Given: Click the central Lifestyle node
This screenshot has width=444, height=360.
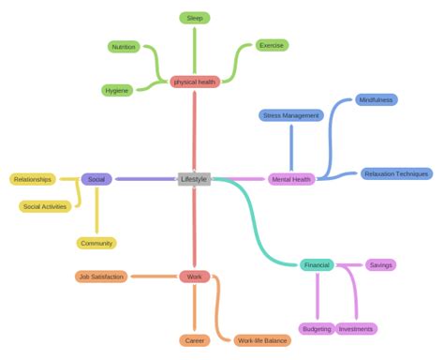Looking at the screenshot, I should click(194, 179).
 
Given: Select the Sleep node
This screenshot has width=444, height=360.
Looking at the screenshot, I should click(194, 18).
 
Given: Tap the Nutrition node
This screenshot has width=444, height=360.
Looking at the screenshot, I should click(123, 46).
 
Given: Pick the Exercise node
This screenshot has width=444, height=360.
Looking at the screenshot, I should click(272, 45).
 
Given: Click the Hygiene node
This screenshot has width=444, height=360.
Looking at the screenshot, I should click(117, 90).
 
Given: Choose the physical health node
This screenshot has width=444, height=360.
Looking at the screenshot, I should click(195, 82).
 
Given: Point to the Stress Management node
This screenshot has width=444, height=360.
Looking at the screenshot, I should click(290, 115).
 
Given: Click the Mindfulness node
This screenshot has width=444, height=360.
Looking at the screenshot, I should click(375, 99).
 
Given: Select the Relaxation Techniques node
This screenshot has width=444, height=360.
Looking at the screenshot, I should click(396, 173).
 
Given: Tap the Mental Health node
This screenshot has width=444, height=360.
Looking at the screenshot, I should click(291, 179).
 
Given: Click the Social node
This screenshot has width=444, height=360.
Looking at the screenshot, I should click(96, 179).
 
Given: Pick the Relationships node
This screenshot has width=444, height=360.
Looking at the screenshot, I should click(33, 179).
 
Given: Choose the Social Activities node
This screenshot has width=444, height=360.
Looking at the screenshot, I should click(45, 206).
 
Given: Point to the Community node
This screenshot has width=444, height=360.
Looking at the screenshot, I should click(96, 243).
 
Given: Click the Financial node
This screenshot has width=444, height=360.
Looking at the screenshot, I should click(317, 265).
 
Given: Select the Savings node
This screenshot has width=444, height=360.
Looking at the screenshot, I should click(380, 265).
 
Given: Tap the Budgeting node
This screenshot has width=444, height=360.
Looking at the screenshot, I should click(317, 329).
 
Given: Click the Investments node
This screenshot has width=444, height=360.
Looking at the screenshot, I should click(356, 329).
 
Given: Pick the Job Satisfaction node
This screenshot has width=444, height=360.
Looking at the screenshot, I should click(101, 277).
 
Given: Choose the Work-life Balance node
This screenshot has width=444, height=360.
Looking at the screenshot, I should click(261, 340).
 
